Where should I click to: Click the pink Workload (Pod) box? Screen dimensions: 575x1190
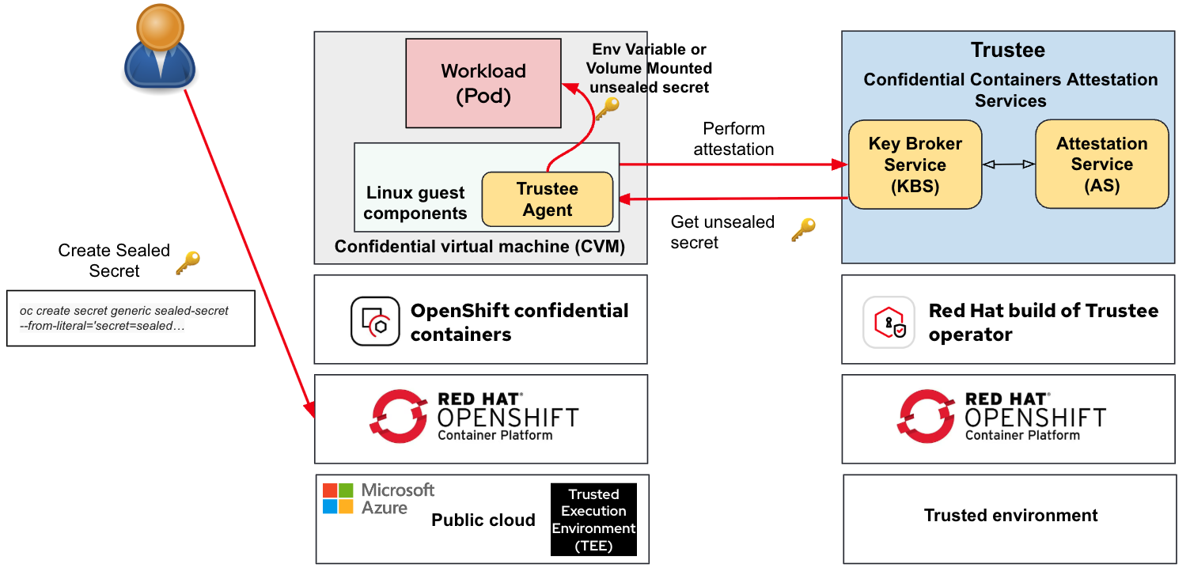pyautogui.click(x=483, y=82)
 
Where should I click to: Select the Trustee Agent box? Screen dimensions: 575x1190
pyautogui.click(x=547, y=199)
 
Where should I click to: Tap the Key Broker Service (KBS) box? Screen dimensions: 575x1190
pyautogui.click(x=915, y=165)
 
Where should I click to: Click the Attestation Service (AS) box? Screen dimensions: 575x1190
pyautogui.click(x=1101, y=165)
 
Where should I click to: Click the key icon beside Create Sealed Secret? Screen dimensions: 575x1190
pyautogui.click(x=188, y=263)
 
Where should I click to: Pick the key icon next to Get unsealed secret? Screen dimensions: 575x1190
pyautogui.click(x=803, y=230)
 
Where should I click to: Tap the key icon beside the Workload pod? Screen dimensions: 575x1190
pyautogui.click(x=607, y=109)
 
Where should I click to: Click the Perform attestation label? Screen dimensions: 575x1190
pyautogui.click(x=733, y=138)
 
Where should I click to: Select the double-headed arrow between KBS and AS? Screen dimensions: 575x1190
pyautogui.click(x=1008, y=165)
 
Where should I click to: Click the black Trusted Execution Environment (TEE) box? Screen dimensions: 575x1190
pyautogui.click(x=593, y=519)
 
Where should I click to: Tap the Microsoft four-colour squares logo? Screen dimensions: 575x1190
pyautogui.click(x=338, y=498)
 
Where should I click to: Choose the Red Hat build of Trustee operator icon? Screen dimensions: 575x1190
pyautogui.click(x=889, y=322)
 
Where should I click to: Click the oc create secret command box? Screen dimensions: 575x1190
pyautogui.click(x=131, y=318)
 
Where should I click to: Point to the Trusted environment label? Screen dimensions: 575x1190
pyautogui.click(x=1010, y=516)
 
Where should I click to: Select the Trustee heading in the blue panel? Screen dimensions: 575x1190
pyautogui.click(x=1008, y=51)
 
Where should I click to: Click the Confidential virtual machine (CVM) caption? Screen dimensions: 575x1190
pyautogui.click(x=479, y=247)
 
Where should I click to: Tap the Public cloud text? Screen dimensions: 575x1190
pyautogui.click(x=483, y=520)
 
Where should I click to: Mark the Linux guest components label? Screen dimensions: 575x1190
pyautogui.click(x=415, y=203)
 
